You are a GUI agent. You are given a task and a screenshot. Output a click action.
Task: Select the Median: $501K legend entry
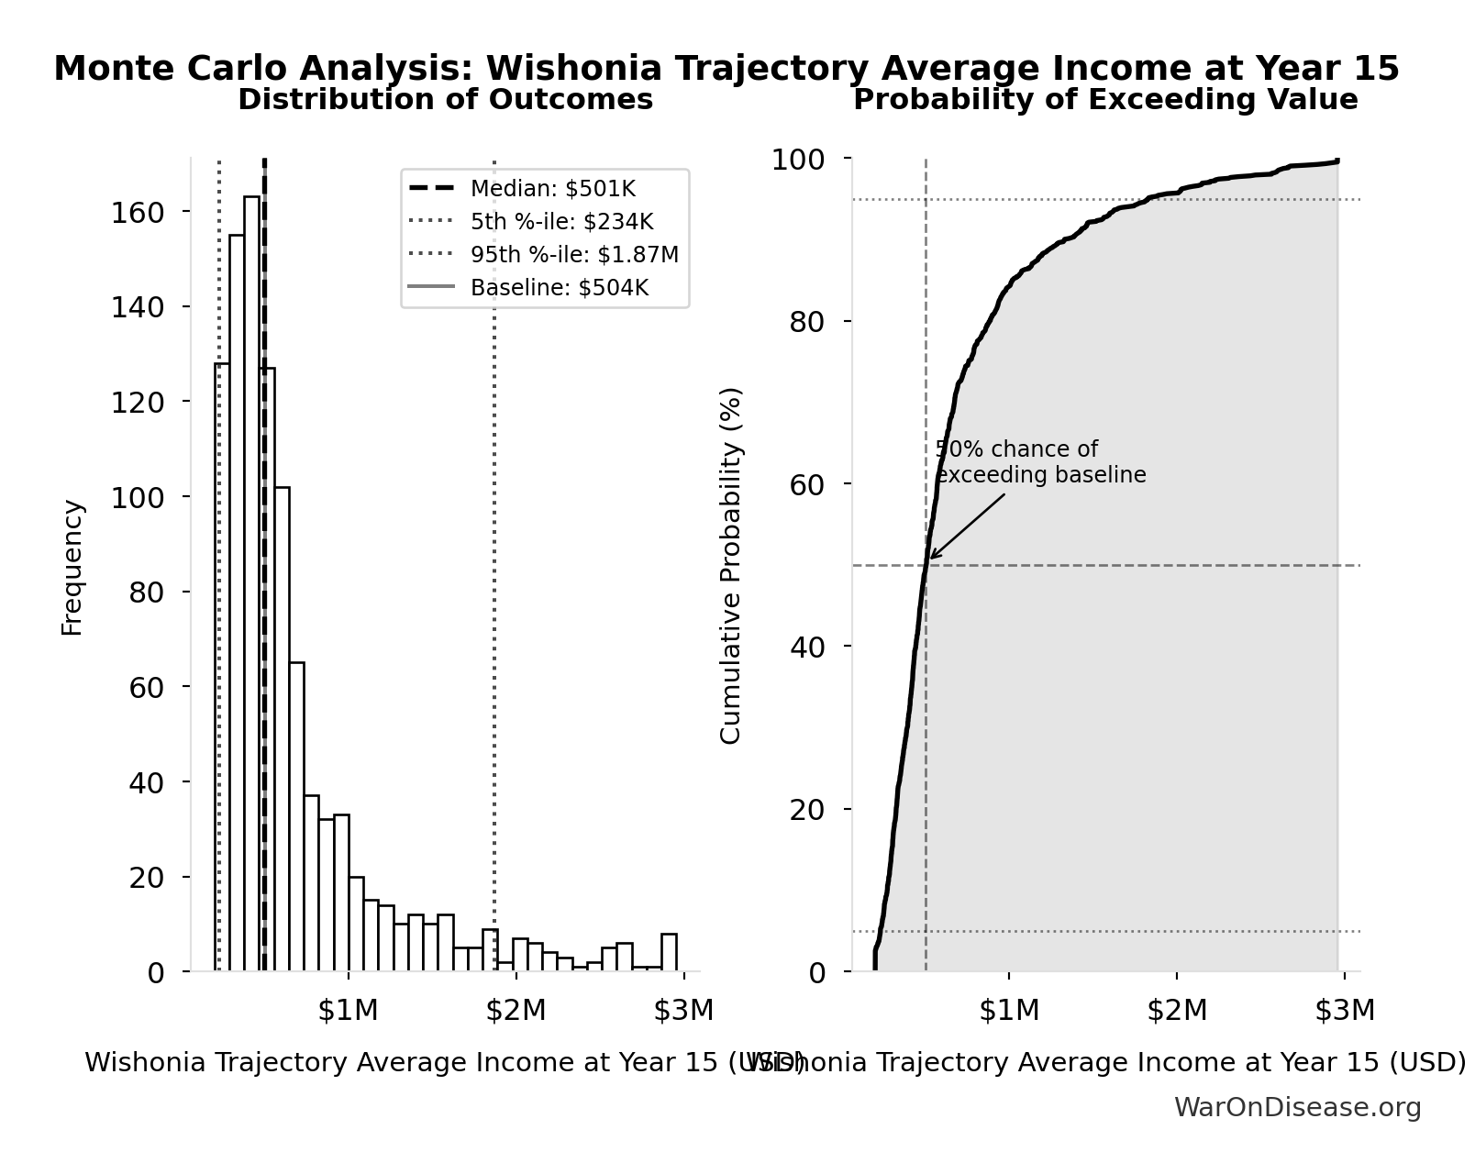point(552,189)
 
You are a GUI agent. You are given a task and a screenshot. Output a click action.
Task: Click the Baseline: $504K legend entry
point(559,288)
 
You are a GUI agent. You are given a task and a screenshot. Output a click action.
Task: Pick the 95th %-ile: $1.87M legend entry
point(574,255)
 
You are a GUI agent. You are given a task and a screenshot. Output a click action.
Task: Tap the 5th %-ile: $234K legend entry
point(561,222)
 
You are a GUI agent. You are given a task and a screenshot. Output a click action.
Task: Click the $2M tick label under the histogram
point(516,1011)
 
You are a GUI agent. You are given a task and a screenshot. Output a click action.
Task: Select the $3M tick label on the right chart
point(1345,1011)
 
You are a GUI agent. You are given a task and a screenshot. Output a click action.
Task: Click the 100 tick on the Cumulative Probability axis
point(798,160)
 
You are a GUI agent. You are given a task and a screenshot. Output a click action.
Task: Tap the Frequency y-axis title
point(72,568)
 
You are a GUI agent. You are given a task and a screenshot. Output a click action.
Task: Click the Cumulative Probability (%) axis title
point(730,566)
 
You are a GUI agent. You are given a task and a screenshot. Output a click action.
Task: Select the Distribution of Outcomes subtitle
point(445,100)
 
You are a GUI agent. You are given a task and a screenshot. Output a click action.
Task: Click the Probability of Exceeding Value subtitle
point(1105,100)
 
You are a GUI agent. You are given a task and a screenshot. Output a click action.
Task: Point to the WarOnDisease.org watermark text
point(1297,1108)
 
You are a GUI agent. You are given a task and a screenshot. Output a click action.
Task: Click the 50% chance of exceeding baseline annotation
point(1039,462)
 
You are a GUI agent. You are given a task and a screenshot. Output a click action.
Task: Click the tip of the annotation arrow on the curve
point(929,559)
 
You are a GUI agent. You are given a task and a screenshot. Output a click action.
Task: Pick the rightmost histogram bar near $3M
point(669,952)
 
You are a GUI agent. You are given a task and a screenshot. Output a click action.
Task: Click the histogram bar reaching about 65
point(296,816)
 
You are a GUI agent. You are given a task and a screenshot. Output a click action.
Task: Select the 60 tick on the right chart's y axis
point(807,484)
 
